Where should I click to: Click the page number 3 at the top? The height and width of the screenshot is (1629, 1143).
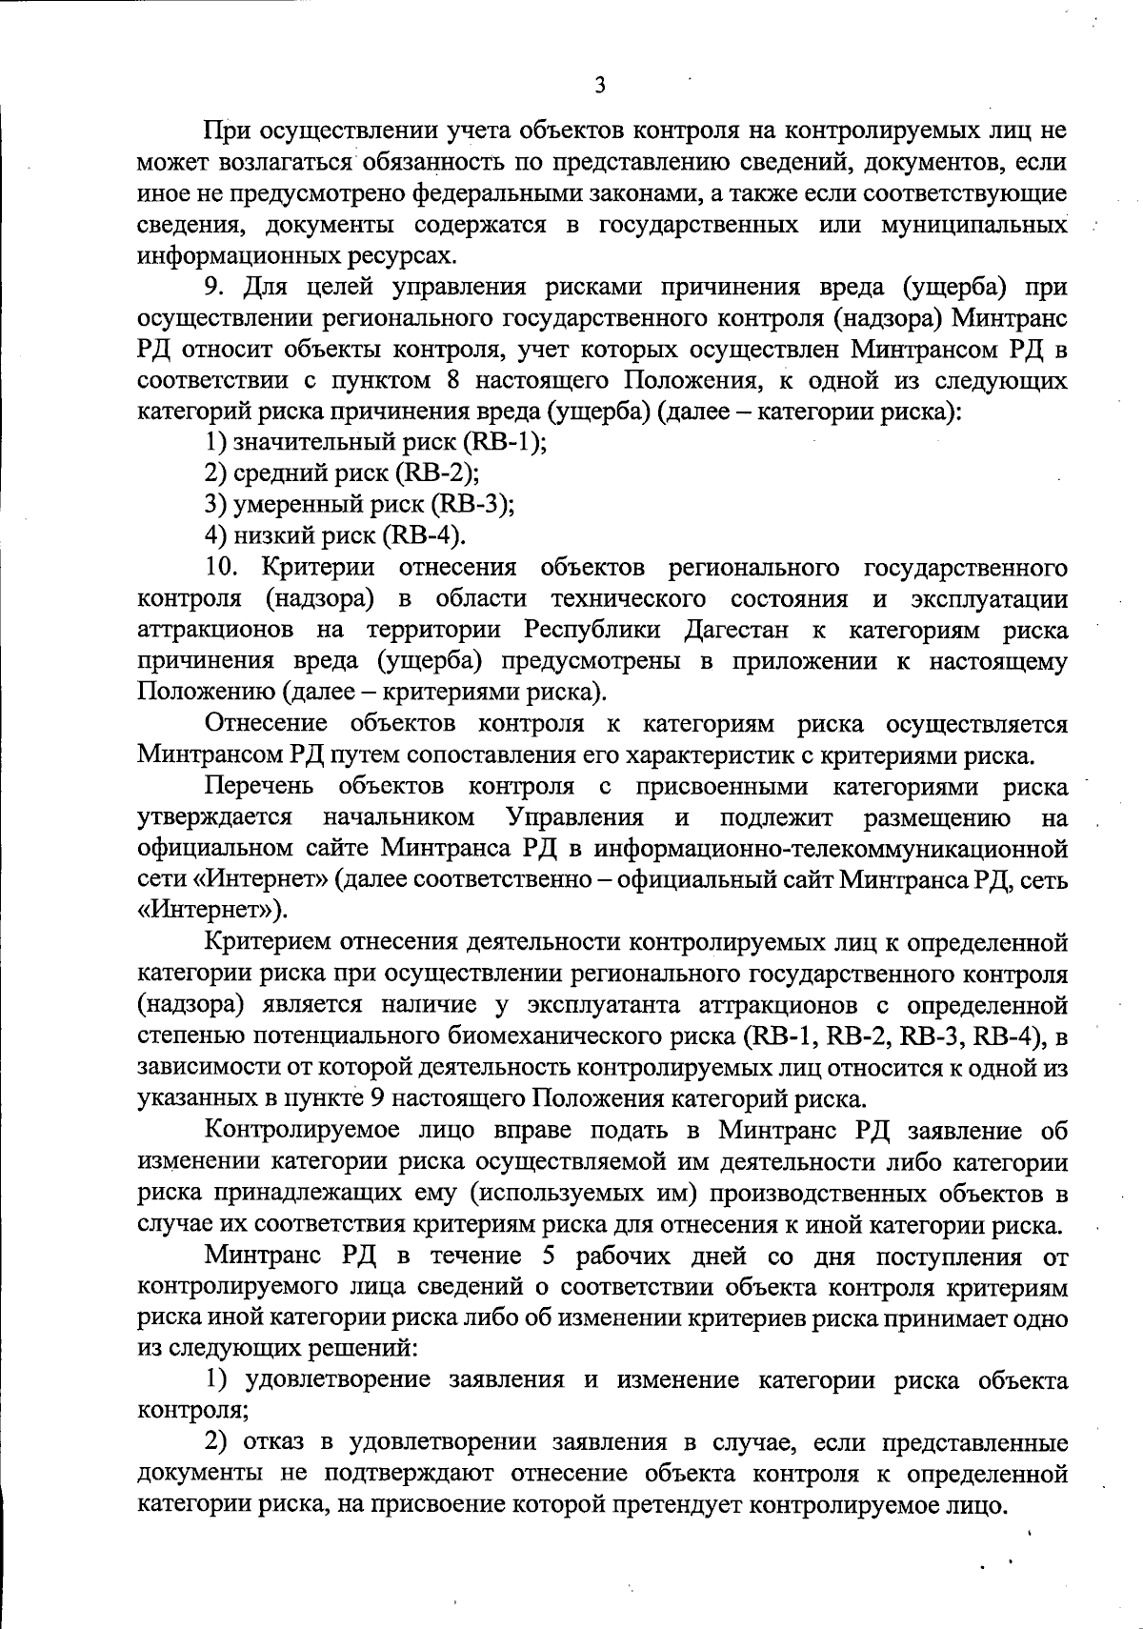click(x=599, y=86)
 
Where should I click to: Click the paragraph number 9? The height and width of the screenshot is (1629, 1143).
click(x=214, y=287)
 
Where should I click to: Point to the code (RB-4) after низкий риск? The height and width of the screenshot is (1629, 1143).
click(x=423, y=535)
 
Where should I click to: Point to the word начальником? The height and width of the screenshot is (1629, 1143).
click(x=399, y=818)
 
